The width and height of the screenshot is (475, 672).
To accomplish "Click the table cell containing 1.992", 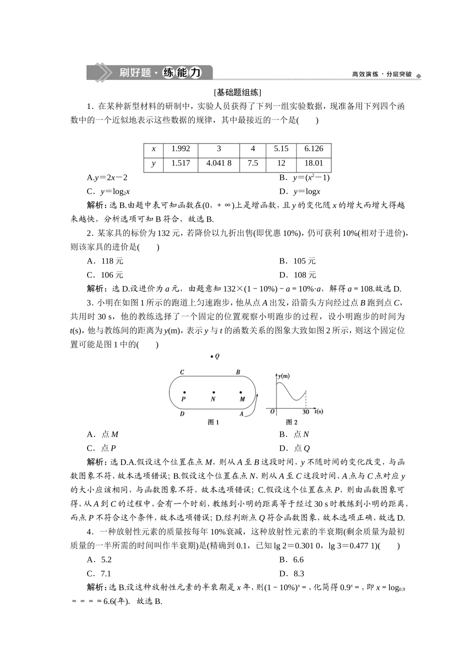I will (x=180, y=149).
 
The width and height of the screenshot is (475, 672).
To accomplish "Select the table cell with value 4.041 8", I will (x=218, y=163).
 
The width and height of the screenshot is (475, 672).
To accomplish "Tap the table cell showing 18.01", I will (x=313, y=163).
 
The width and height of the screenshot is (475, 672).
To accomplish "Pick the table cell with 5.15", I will (x=281, y=149).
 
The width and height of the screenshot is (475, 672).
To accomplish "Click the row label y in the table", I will (x=153, y=163).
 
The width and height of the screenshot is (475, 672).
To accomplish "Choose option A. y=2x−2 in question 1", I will (x=107, y=177).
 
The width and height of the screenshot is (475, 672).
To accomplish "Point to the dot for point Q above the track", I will (x=212, y=356).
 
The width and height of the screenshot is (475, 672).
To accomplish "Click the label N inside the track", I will (x=213, y=399).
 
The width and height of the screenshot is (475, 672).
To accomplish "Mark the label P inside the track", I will (x=183, y=399).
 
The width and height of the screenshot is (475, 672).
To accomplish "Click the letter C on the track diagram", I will (x=182, y=372).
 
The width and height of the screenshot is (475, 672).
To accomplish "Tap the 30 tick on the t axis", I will (x=305, y=411).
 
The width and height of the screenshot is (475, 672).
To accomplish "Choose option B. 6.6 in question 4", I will (x=291, y=560).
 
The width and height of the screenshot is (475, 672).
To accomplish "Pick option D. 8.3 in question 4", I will (x=291, y=574).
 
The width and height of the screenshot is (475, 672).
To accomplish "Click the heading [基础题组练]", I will (x=237, y=92).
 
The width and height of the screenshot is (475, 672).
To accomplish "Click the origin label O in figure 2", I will (x=272, y=411).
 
